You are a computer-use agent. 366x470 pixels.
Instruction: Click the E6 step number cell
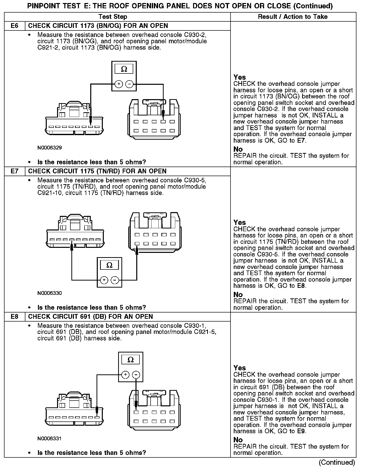pos(15,26)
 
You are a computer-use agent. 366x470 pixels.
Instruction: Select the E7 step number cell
pos(15,171)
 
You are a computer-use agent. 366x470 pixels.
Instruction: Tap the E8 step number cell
pos(15,317)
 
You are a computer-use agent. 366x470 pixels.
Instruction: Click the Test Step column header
pos(113,17)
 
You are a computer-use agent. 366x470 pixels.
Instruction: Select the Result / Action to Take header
pos(293,17)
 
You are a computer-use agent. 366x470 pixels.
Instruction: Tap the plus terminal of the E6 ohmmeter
pos(119,84)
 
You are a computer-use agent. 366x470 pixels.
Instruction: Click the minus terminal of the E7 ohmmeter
pos(115,280)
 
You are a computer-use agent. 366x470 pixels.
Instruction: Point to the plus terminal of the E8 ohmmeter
pos(125,375)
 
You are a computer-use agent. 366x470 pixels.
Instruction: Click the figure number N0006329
pos(50,148)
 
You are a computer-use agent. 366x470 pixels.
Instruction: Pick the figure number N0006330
pos(50,293)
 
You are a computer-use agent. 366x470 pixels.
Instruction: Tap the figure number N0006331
pos(50,439)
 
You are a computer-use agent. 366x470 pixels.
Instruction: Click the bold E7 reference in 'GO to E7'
pos(301,141)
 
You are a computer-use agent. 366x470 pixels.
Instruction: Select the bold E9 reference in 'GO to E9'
pos(301,431)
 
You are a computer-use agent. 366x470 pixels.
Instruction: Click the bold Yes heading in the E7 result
pos(239,222)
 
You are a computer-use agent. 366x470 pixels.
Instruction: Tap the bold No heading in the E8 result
pos(238,440)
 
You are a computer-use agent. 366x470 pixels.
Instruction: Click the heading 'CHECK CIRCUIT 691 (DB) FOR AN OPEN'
pos(90,317)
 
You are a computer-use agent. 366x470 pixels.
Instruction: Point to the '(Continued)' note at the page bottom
pos(337,462)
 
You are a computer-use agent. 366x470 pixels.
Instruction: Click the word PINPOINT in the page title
pos(43,6)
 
